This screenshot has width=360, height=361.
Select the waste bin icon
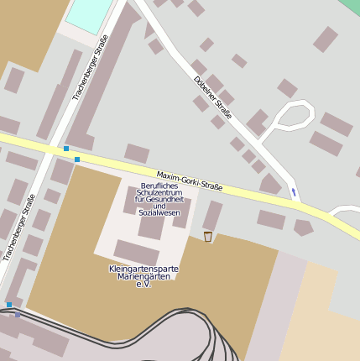tap(207, 237)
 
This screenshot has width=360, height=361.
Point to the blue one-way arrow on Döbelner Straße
tap(293, 192)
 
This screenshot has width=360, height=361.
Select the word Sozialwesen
tap(159, 213)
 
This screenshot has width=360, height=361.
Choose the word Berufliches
tap(159, 186)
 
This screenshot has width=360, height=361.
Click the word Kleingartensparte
tap(143, 269)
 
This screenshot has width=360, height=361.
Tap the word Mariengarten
tap(143, 277)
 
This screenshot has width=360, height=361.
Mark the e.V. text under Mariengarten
tap(143, 285)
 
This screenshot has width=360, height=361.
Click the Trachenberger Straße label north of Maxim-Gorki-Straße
tap(91, 67)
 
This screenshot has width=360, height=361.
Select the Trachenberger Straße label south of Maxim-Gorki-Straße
tap(18, 228)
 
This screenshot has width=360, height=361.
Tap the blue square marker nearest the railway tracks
tap(9, 305)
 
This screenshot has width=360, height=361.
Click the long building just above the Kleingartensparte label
tap(136, 253)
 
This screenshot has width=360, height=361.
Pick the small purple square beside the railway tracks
tap(18, 315)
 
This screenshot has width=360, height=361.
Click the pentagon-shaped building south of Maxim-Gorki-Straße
tap(303, 227)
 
